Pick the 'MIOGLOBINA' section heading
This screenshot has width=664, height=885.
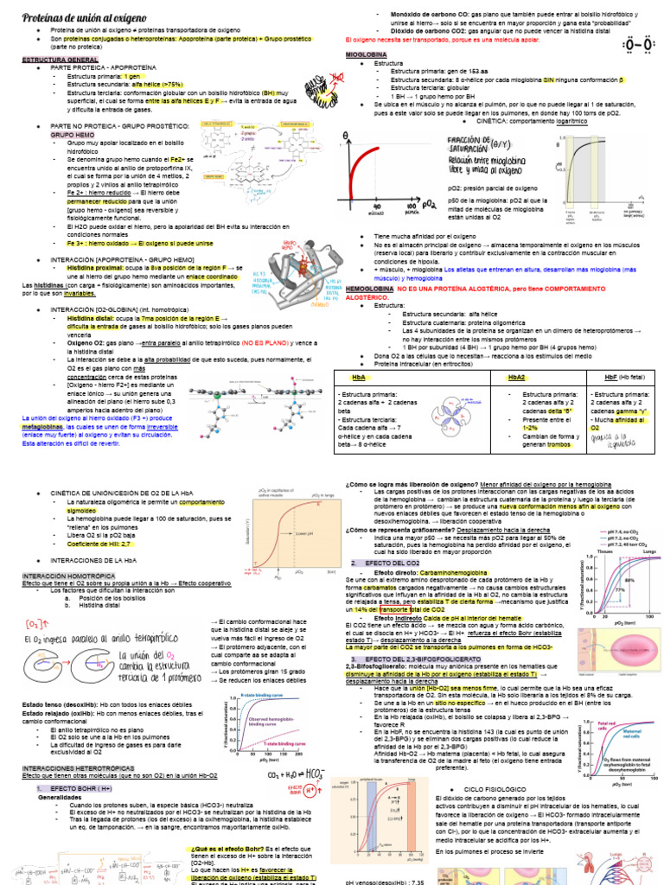[366, 54]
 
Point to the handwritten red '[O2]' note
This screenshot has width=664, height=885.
[37, 623]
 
